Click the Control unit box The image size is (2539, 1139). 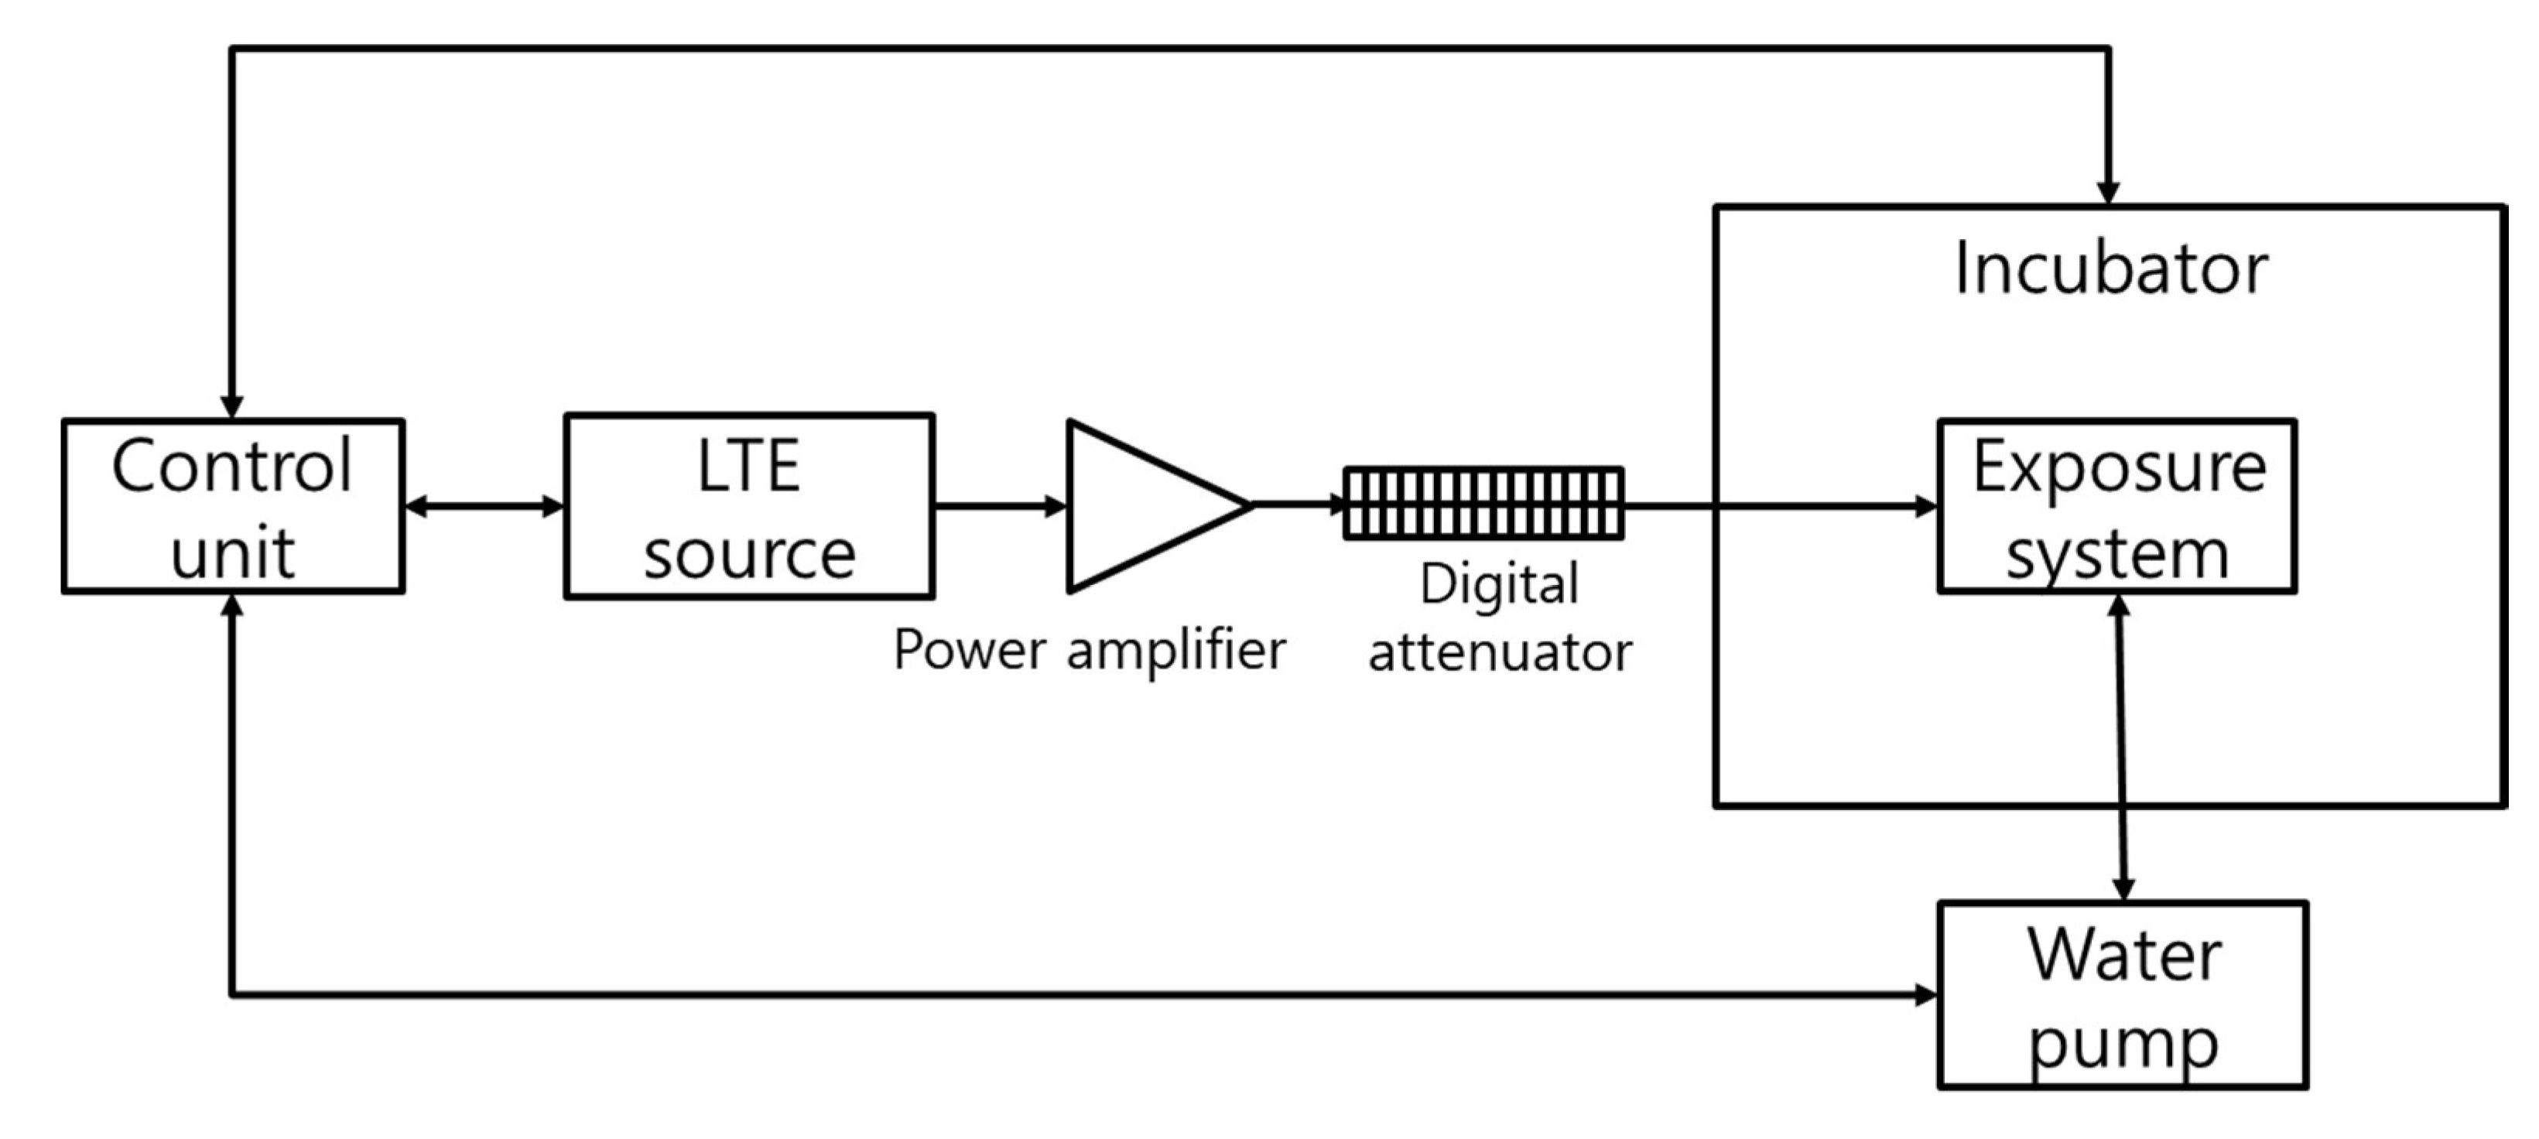pyautogui.click(x=233, y=507)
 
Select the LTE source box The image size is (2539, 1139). pyautogui.click(x=749, y=507)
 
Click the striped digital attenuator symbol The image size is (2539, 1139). pyautogui.click(x=1483, y=504)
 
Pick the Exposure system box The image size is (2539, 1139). pyautogui.click(x=2117, y=507)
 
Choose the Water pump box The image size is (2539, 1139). pyautogui.click(x=2122, y=995)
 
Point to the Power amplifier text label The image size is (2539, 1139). pyautogui.click(x=1089, y=650)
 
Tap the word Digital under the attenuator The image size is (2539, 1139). pyautogui.click(x=1499, y=583)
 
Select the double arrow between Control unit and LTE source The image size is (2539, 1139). pyautogui.click(x=484, y=507)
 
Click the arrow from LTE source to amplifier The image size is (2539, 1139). pyautogui.click(x=1000, y=507)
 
